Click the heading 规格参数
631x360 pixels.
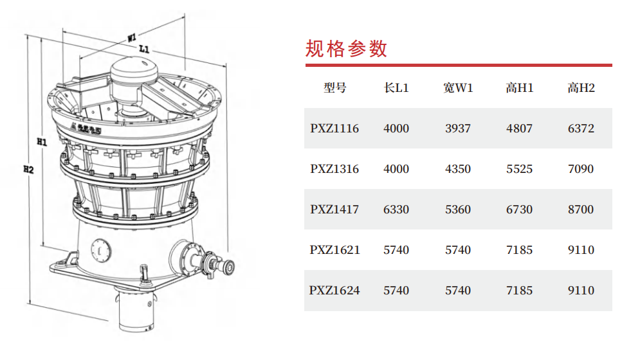346,49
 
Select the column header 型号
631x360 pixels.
335,87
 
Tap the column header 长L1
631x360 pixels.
396,87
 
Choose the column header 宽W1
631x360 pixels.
458,87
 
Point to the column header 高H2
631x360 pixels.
581,87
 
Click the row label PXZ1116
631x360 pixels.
334,129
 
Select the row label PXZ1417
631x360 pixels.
334,210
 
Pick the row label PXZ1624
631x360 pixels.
334,291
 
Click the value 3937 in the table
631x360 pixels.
458,129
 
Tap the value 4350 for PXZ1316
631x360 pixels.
458,169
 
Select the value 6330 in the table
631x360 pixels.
396,210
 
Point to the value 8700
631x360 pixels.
581,210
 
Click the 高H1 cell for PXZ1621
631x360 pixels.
520,250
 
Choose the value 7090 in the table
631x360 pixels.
581,169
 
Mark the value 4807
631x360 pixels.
520,129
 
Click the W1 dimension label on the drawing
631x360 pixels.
132,38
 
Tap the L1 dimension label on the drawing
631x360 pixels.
144,49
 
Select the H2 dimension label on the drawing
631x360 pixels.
28,169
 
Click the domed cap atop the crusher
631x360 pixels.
134,71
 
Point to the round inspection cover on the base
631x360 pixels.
100,250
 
